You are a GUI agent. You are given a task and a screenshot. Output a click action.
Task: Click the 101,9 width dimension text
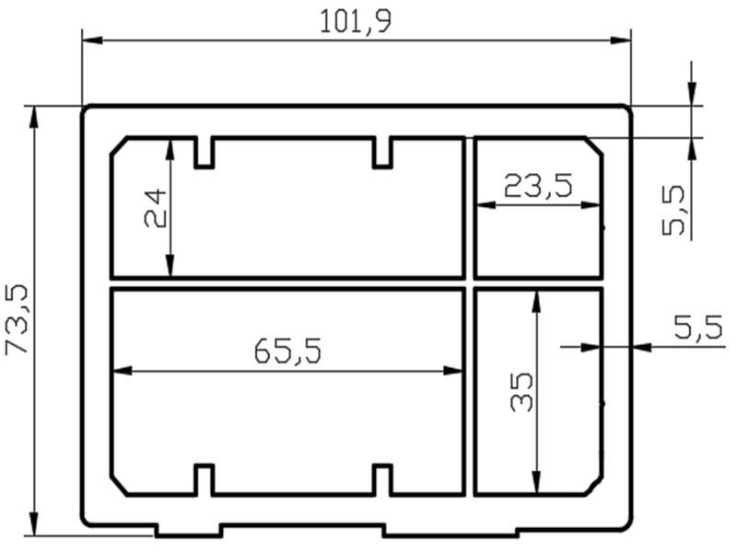point(356,21)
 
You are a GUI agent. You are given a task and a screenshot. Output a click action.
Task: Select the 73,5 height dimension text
point(19,319)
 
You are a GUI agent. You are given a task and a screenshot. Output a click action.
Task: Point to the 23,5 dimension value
point(538,187)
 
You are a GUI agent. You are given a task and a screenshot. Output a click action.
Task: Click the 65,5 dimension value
point(287,351)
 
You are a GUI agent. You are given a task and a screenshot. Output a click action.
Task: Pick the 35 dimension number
point(521,392)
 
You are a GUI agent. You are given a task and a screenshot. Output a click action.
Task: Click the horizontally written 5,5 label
point(697,328)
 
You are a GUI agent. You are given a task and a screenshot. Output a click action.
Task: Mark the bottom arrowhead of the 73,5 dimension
point(35,524)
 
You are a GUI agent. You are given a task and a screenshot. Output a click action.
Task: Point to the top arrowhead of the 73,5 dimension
point(35,116)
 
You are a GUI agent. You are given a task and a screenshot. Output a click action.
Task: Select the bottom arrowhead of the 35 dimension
point(535,484)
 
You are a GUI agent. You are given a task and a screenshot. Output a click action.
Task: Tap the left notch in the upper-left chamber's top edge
point(205,154)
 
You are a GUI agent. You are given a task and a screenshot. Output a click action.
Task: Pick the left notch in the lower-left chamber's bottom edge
point(205,478)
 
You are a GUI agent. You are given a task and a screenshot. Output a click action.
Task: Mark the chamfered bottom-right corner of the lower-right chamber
point(593,486)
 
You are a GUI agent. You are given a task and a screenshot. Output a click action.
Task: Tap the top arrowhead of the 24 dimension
point(170,149)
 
